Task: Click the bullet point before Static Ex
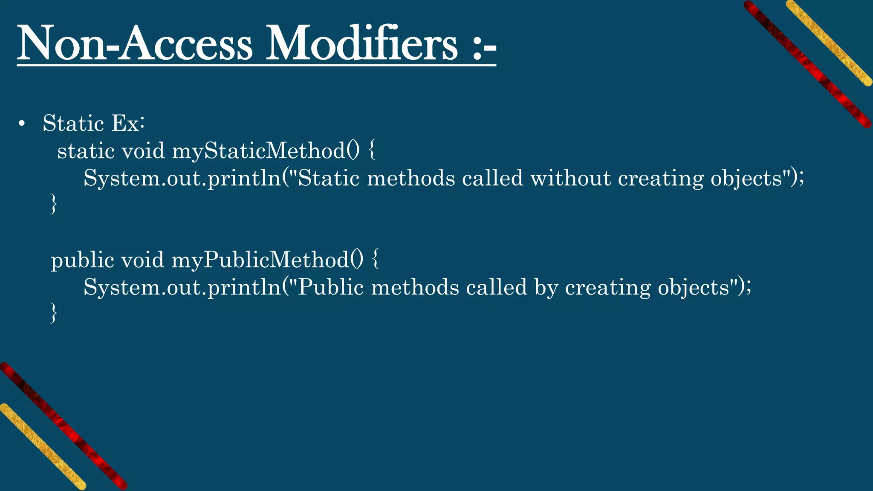[22, 124]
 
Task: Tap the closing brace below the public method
[54, 313]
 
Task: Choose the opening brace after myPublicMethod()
[375, 260]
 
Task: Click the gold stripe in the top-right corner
[829, 43]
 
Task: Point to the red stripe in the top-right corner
[808, 64]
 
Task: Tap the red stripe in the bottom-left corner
[64, 426]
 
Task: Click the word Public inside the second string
[330, 287]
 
